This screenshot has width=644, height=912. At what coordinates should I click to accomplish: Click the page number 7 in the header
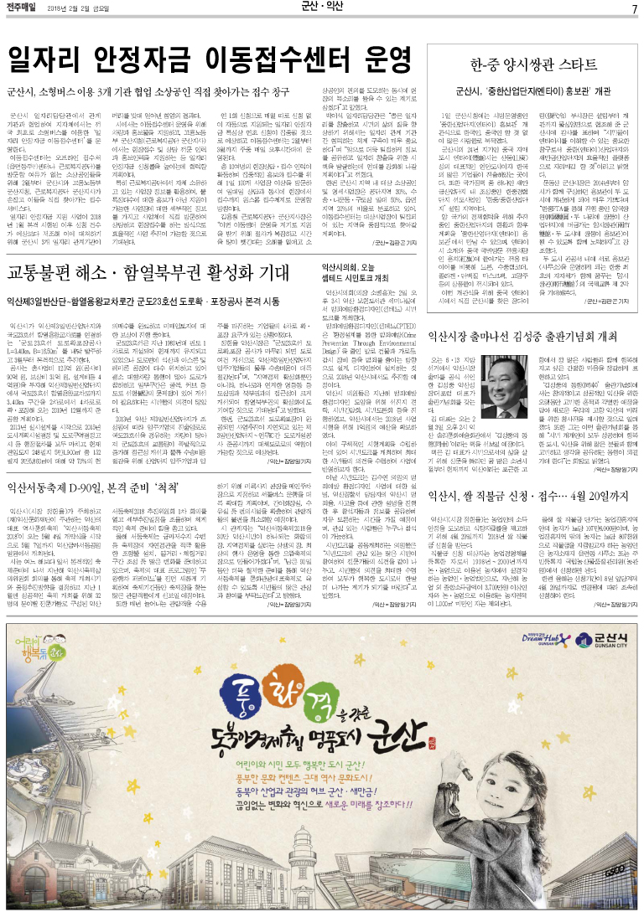(x=634, y=8)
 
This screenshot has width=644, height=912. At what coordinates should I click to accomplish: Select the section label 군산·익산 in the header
(x=321, y=8)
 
